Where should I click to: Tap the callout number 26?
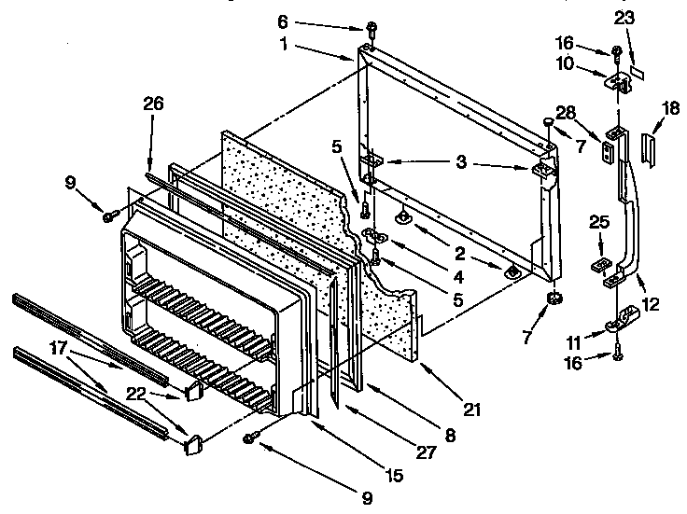click(x=152, y=104)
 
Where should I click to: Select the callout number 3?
click(x=461, y=161)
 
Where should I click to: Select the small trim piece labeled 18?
click(x=650, y=146)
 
